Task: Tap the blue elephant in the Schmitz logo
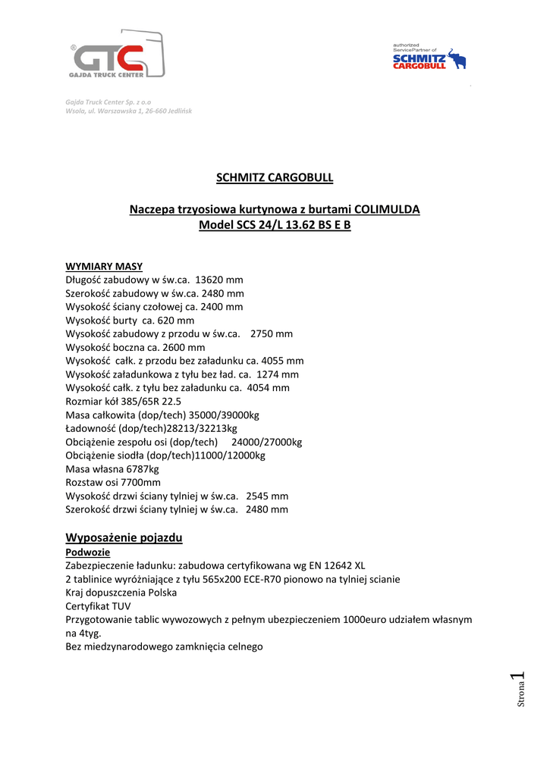[457, 60]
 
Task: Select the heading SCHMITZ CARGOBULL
[275, 178]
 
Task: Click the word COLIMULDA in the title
[387, 209]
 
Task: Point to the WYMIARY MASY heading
[104, 266]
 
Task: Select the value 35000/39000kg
[225, 415]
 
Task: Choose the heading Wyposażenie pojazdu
[124, 538]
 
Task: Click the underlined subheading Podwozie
[88, 552]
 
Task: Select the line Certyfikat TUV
[99, 605]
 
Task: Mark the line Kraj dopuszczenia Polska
[121, 593]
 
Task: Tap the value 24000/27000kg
[266, 443]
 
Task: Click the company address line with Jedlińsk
[128, 111]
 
